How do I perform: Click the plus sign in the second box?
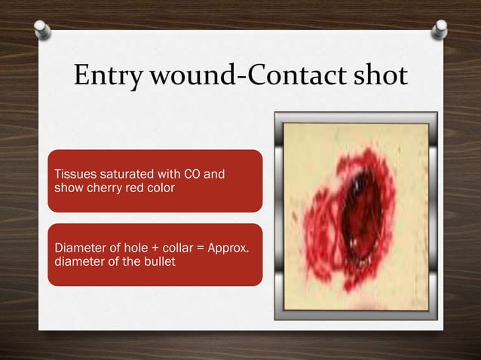[x=150, y=249]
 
